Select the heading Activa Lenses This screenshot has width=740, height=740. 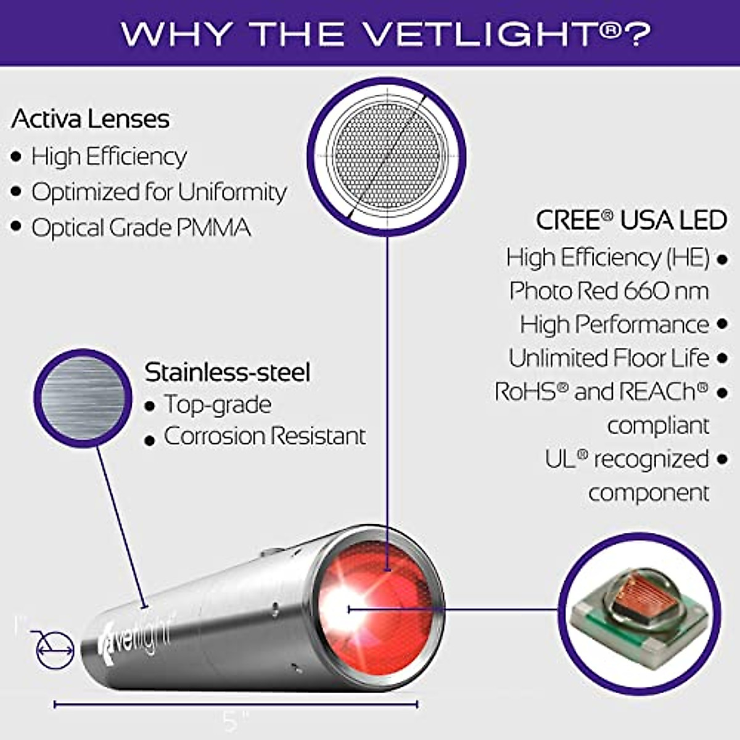pos(90,119)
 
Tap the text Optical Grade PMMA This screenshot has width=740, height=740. pos(141,228)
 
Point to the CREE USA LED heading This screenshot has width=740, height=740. pos(631,220)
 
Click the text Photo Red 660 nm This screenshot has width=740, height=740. pos(609,290)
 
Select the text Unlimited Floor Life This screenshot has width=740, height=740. pos(609,358)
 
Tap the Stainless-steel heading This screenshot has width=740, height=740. pos(227,372)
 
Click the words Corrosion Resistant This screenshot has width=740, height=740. pos(265,436)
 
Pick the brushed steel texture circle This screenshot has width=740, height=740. pos(82,398)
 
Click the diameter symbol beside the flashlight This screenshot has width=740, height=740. pos(54,649)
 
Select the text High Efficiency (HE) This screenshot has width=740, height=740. pos(607,257)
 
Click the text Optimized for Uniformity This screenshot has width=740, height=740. pos(159,192)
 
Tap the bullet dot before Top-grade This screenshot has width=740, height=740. pos(149,406)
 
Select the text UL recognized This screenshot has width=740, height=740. pos(627,459)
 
